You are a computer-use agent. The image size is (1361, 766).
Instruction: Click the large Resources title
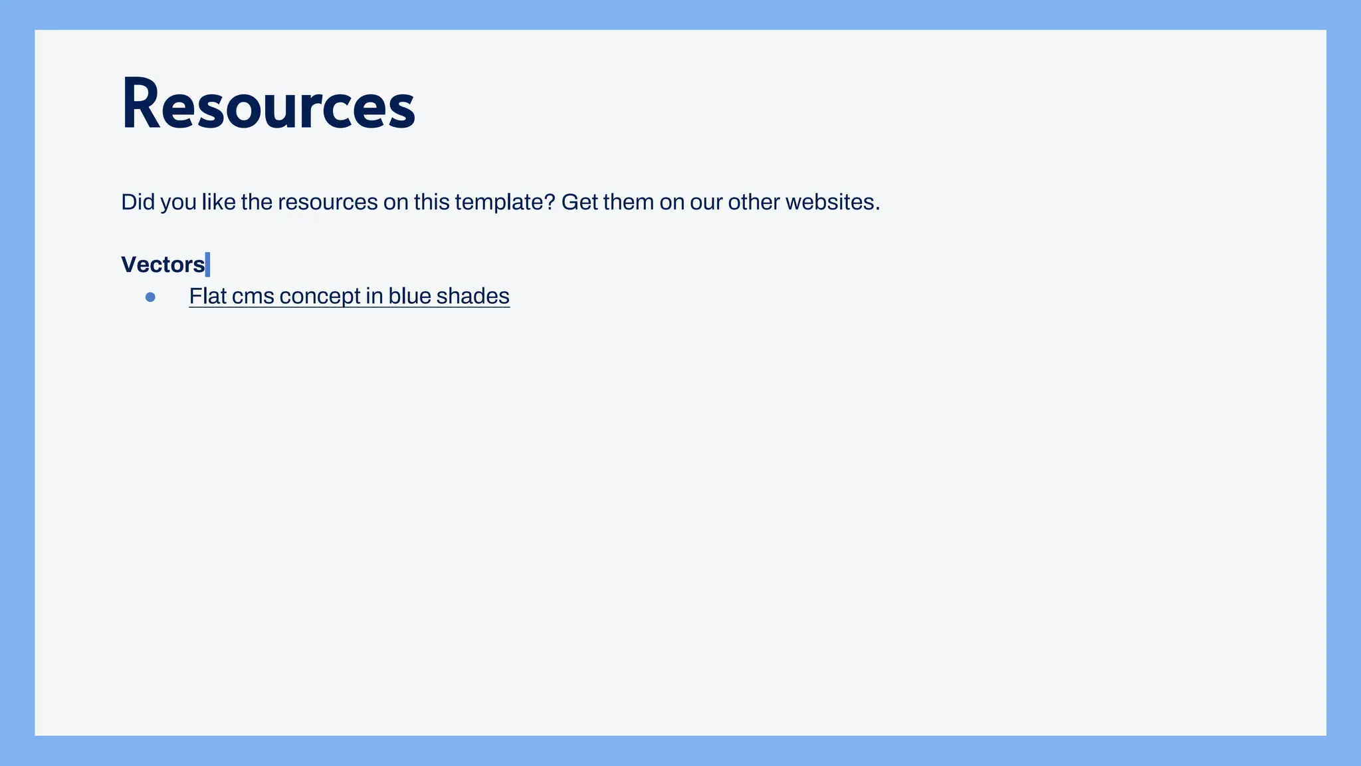coord(268,105)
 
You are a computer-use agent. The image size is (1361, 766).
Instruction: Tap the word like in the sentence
coord(218,202)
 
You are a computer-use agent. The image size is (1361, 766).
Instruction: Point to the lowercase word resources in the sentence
coord(328,202)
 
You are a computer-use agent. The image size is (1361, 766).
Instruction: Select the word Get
coord(579,202)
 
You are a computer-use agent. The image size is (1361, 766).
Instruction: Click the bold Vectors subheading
coord(163,265)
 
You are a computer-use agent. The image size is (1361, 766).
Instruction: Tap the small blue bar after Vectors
coord(208,265)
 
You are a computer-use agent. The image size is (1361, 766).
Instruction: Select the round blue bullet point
coord(150,297)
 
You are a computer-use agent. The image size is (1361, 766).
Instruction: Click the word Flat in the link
coord(207,296)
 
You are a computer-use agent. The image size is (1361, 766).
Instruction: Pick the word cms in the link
coord(253,296)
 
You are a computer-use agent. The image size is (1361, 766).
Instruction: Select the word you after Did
coord(178,202)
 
